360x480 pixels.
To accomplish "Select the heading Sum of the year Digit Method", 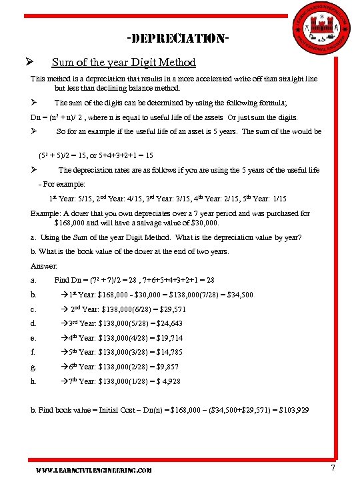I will [x=123, y=62].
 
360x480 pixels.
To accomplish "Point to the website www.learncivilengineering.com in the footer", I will [x=94, y=470].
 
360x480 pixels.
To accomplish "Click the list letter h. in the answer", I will [x=33, y=381].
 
